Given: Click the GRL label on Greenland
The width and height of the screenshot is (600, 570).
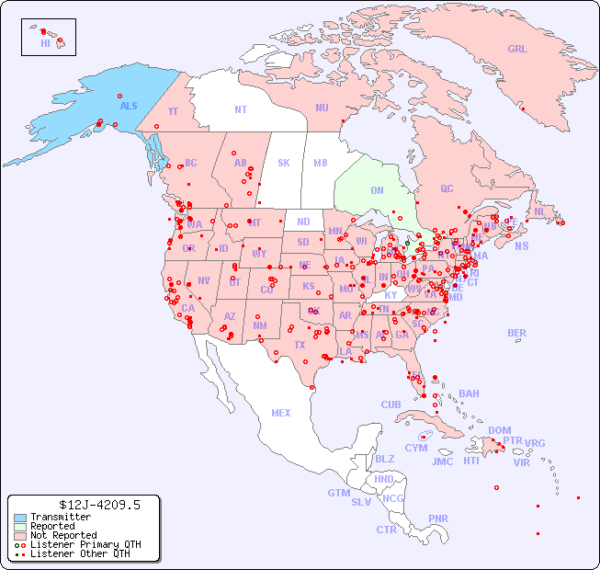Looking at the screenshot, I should [x=517, y=50].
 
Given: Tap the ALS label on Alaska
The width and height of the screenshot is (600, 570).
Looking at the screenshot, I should [x=129, y=106].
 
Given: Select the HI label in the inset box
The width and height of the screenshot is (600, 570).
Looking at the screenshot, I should [x=45, y=43].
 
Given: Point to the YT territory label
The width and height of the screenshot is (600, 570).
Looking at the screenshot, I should [x=173, y=111].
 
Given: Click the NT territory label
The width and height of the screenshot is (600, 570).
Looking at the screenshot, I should [x=240, y=109].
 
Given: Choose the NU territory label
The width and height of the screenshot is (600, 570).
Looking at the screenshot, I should [x=322, y=108].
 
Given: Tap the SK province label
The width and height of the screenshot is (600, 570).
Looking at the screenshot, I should [x=284, y=163].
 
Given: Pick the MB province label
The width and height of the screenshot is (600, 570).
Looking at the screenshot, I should [x=321, y=163].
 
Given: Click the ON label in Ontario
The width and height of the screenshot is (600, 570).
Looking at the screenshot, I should [x=377, y=190].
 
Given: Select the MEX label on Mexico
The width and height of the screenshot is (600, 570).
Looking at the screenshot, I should [x=281, y=413].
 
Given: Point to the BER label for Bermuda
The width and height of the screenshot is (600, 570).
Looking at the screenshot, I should [x=517, y=333].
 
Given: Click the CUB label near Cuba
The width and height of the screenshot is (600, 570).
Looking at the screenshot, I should [x=391, y=405].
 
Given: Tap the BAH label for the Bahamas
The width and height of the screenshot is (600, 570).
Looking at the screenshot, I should [x=469, y=393].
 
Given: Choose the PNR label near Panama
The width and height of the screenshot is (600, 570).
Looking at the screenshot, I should [x=438, y=519].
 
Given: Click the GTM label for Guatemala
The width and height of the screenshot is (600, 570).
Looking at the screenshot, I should [x=338, y=493].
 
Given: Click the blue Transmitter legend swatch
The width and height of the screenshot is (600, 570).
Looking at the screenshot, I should [x=20, y=518].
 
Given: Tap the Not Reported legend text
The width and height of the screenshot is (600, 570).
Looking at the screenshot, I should [x=63, y=535].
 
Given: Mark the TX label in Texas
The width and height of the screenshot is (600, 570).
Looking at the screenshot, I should [x=300, y=345].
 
